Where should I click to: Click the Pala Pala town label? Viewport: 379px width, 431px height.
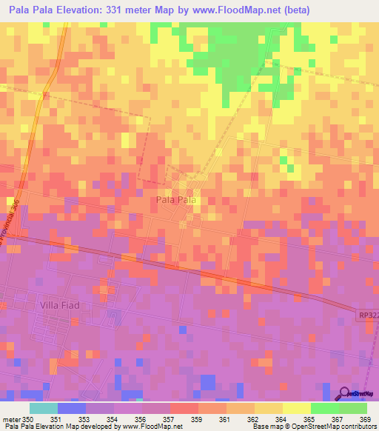tap(176, 200)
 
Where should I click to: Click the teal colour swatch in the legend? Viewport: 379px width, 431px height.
tap(44, 408)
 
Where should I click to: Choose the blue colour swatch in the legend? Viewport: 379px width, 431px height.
tap(72, 408)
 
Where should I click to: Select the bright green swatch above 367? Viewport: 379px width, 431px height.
tap(324, 408)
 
